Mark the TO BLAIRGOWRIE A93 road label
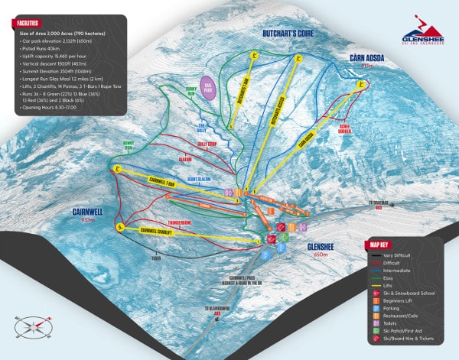(217, 310)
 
